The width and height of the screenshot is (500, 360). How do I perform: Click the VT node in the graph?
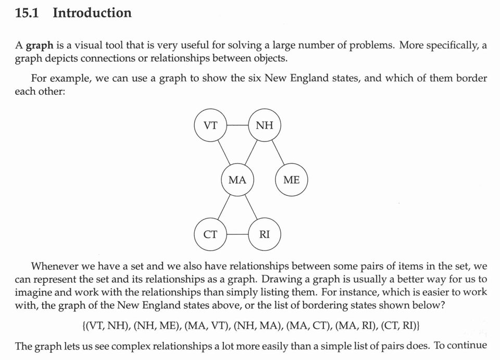(210, 125)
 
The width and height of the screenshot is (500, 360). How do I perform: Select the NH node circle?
(265, 125)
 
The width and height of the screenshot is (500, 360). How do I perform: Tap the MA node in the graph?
(238, 180)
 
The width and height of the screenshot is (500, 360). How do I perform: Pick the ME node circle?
(292, 180)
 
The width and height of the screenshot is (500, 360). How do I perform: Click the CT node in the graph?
(210, 234)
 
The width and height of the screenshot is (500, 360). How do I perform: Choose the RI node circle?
(265, 234)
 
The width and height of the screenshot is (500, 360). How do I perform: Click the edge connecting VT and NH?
(238, 125)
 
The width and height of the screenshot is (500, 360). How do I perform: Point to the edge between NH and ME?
(278, 152)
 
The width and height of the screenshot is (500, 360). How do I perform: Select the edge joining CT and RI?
(238, 234)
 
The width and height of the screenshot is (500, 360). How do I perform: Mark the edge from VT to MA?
(224, 152)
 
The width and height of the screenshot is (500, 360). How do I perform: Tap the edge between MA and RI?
(251, 207)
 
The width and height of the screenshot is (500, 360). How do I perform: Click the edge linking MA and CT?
(224, 207)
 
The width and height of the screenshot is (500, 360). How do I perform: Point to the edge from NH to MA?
(251, 152)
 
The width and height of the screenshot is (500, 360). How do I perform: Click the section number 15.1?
(29, 13)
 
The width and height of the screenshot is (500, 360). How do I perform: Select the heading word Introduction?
(92, 13)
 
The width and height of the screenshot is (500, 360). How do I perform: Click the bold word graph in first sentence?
(40, 46)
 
